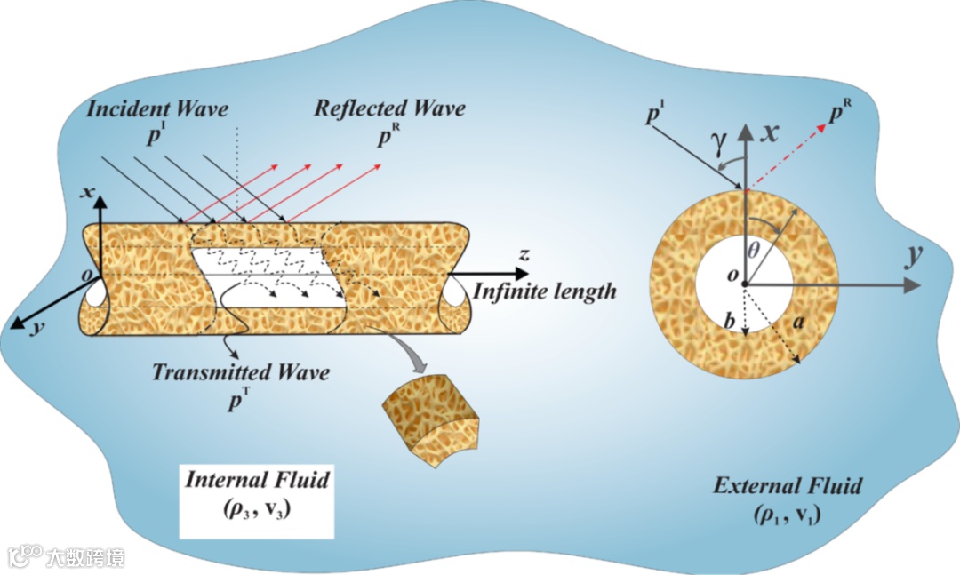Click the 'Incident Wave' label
(157, 110)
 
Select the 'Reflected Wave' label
(389, 109)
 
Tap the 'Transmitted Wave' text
(240, 371)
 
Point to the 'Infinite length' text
(544, 291)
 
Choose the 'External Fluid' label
(788, 486)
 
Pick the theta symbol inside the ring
(754, 252)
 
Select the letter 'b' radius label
(728, 322)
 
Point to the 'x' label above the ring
(772, 133)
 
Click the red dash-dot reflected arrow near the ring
(791, 154)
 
